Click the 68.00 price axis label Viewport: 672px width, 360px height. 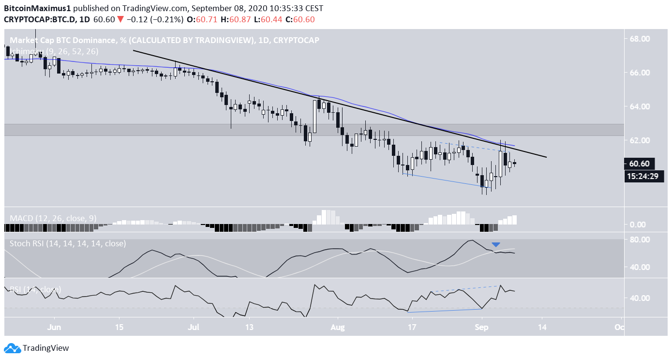(x=639, y=39)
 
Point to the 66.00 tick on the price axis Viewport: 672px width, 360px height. (x=639, y=73)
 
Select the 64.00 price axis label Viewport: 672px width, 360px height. (x=639, y=106)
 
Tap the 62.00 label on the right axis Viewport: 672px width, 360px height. (x=639, y=140)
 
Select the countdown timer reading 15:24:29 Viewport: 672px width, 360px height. (x=642, y=176)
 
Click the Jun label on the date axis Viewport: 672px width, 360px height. (x=54, y=327)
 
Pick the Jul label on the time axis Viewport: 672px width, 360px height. (x=194, y=327)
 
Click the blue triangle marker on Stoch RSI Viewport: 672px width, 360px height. (x=495, y=245)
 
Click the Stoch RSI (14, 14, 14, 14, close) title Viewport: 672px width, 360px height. (x=68, y=243)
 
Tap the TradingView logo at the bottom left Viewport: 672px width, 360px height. (x=37, y=348)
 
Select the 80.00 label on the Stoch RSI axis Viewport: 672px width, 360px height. (x=639, y=239)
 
